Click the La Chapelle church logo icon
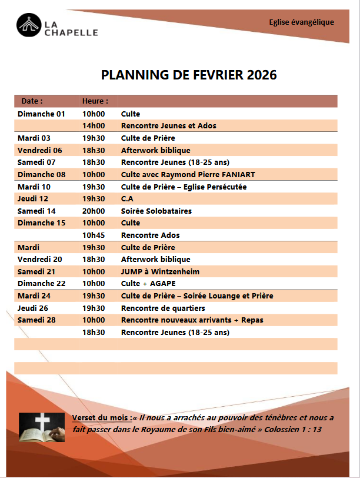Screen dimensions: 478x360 (x=28, y=26)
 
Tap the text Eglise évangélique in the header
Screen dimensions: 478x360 (x=301, y=22)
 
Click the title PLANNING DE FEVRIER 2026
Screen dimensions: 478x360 (x=189, y=75)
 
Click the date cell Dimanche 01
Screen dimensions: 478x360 (x=41, y=114)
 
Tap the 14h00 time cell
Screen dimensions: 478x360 (x=94, y=126)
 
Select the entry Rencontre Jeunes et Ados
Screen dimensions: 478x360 (x=169, y=126)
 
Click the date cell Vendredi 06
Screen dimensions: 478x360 (x=39, y=150)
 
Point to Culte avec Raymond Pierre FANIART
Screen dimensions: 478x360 (x=188, y=174)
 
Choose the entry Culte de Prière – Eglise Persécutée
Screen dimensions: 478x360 (x=184, y=187)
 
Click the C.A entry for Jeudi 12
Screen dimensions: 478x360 (x=127, y=199)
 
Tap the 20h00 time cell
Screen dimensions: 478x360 (x=94, y=211)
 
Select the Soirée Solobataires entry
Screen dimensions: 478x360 (x=156, y=211)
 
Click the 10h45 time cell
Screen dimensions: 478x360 (x=94, y=235)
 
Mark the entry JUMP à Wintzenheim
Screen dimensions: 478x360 (x=160, y=271)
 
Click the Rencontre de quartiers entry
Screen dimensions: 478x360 (x=163, y=308)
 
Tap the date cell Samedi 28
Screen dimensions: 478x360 (x=36, y=320)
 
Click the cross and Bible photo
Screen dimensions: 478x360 (x=42, y=427)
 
